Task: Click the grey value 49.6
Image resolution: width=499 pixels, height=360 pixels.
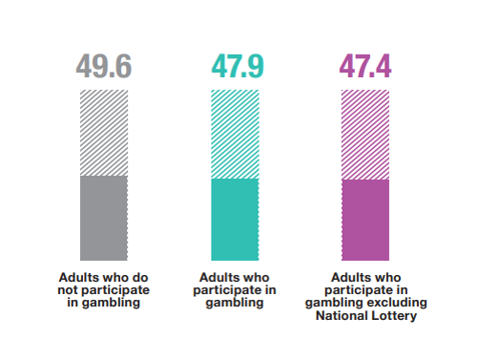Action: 104,68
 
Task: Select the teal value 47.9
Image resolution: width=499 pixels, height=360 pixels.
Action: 235,68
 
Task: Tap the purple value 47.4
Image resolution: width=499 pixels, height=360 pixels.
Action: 365,68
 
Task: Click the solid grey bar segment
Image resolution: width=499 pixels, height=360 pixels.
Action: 104,219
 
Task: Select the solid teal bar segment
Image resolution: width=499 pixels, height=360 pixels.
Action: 235,220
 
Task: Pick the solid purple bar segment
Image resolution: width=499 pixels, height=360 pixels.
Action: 365,220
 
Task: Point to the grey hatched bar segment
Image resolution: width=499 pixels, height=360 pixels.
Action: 104,133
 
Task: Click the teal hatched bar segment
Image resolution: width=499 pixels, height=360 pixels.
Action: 235,135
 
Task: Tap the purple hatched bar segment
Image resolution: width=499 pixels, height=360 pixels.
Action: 365,135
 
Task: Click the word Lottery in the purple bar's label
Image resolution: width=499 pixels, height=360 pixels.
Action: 395,316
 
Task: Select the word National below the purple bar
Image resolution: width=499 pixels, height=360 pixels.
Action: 342,316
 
